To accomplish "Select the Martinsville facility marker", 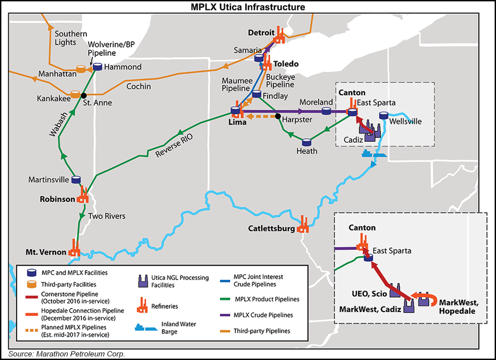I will pyautogui.click(x=77, y=180).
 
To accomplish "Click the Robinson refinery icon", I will pyautogui.click(x=83, y=195).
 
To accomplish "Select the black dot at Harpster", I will pyautogui.click(x=278, y=116).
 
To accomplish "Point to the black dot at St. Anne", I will pyautogui.click(x=84, y=95).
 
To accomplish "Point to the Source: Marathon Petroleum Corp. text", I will pyautogui.click(x=66, y=354).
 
